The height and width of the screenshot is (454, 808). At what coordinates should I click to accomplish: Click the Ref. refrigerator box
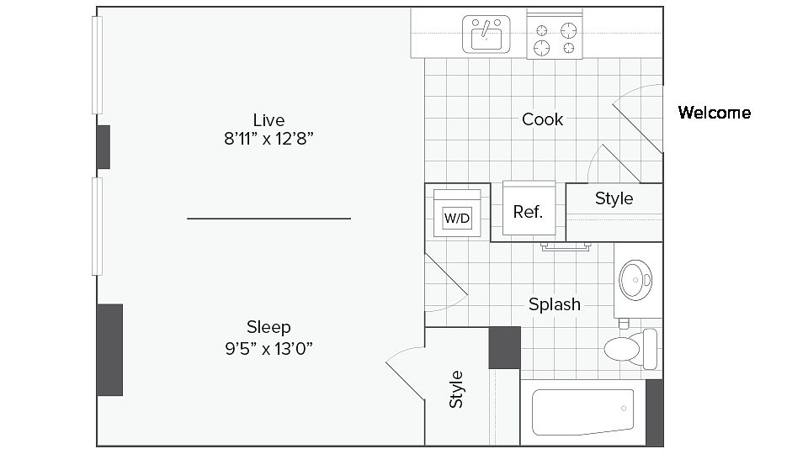point(528,211)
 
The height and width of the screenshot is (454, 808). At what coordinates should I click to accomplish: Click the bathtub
point(582,413)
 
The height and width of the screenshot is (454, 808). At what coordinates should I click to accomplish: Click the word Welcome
point(714,113)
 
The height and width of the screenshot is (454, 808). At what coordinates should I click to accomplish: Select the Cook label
point(542,119)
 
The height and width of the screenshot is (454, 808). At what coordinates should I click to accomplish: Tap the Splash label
point(554,304)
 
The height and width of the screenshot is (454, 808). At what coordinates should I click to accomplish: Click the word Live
point(268,119)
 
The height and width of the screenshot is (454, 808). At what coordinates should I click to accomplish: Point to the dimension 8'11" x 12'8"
point(268,140)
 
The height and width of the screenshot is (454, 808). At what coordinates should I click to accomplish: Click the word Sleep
point(268,327)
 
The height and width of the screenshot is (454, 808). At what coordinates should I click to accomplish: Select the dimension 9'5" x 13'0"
point(268,348)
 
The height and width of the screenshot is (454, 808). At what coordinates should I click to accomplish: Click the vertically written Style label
point(456,388)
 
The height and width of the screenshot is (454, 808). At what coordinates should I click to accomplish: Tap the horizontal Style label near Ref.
point(614,199)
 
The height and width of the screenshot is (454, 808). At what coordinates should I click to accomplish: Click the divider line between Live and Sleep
point(268,219)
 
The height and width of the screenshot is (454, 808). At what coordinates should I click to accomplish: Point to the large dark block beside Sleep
point(109,349)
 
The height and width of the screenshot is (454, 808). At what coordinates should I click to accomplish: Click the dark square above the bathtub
point(505,346)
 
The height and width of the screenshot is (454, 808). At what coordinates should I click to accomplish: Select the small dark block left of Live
point(104,146)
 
